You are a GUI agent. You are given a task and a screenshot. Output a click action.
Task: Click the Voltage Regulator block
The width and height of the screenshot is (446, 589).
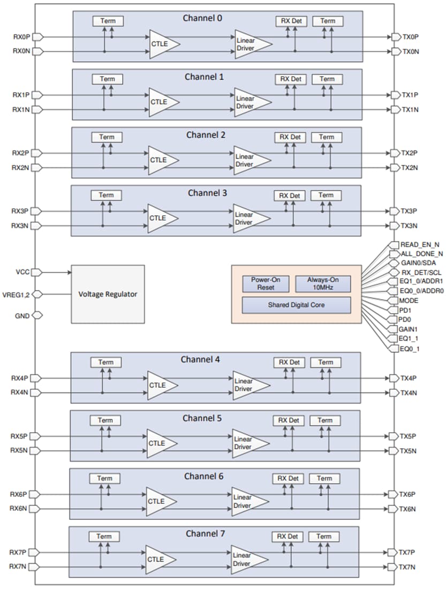pyautogui.click(x=108, y=294)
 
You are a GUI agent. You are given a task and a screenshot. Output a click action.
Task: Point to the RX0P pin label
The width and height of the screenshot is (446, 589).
pyautogui.click(x=21, y=37)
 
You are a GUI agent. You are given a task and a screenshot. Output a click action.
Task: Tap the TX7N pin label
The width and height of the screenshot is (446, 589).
pyautogui.click(x=409, y=567)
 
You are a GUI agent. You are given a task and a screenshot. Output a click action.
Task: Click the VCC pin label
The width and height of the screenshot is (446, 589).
pyautogui.click(x=22, y=272)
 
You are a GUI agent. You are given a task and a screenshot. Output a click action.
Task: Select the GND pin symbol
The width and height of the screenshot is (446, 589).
pyautogui.click(x=37, y=315)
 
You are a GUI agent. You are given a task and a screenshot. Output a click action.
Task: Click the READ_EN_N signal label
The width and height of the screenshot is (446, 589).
pyautogui.click(x=420, y=244)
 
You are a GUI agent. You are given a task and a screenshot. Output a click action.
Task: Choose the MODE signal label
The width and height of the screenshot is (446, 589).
pyautogui.click(x=410, y=300)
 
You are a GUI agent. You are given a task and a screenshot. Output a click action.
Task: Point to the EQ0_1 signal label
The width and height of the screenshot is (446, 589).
pyautogui.click(x=410, y=349)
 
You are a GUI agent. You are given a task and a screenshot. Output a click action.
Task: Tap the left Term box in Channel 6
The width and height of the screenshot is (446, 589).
pyautogui.click(x=104, y=478)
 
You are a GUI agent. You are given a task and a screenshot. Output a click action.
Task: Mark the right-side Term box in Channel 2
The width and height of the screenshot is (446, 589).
pyautogui.click(x=327, y=137)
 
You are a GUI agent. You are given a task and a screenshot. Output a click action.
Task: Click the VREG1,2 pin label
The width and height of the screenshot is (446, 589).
pyautogui.click(x=18, y=293)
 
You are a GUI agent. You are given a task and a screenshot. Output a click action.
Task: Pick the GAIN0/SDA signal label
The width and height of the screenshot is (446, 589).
pyautogui.click(x=418, y=263)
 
